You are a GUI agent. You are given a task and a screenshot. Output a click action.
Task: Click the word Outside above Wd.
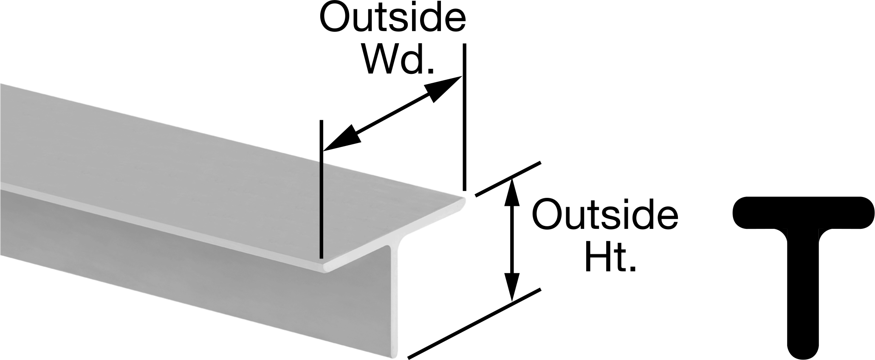coord(392,18)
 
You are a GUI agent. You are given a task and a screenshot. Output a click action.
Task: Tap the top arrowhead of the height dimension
coord(512,194)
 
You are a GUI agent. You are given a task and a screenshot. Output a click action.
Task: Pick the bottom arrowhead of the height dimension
coord(513,287)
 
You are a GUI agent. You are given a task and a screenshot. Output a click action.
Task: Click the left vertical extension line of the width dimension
coord(322,189)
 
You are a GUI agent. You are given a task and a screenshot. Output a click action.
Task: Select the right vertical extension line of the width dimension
coord(464,117)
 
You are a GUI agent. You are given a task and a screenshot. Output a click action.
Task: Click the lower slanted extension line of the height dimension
coord(474,323)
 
